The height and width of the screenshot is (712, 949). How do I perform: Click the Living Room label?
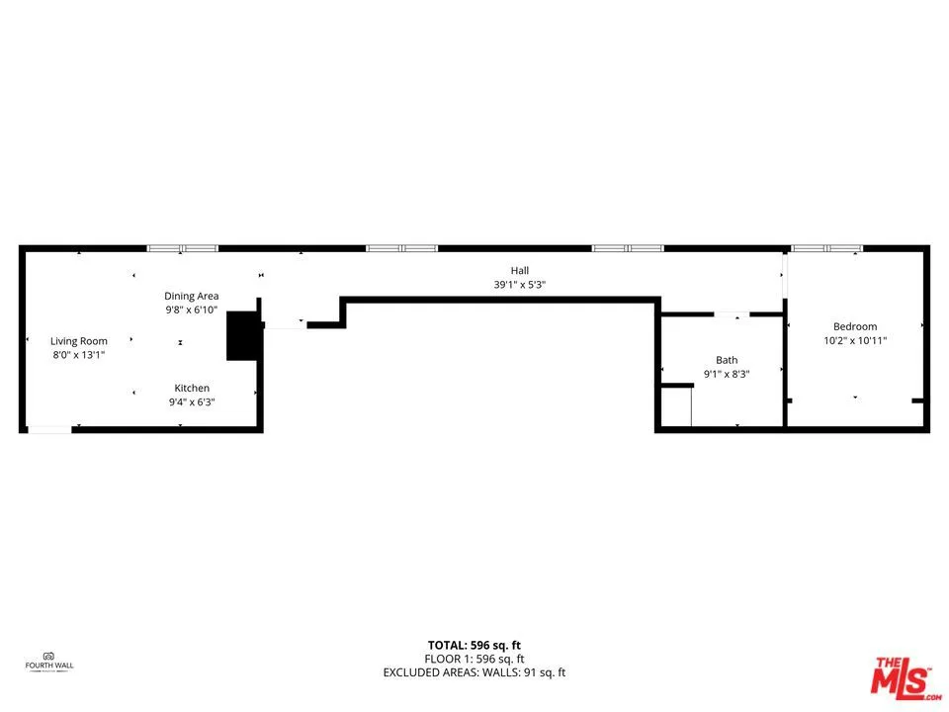coord(79,341)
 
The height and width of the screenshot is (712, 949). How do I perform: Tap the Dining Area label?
coord(191,296)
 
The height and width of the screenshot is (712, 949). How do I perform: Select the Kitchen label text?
coord(192,388)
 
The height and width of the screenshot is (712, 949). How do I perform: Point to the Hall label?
coord(520,270)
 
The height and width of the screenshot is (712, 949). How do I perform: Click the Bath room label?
coord(727,360)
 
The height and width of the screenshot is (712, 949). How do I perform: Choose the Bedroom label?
coord(855,326)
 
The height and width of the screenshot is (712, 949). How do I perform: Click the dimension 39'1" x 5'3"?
coord(520,285)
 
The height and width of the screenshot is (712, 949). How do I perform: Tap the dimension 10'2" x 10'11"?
coord(855,341)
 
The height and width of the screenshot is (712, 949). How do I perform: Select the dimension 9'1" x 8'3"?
coord(727,375)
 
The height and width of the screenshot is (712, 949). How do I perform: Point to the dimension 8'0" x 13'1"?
coord(79,355)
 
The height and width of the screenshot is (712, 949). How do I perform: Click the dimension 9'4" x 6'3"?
coord(192,402)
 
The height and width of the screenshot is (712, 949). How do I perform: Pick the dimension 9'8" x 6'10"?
coord(191,310)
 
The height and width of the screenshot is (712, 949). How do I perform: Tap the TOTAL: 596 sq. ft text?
coord(474,645)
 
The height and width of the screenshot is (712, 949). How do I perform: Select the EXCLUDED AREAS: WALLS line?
coord(474,673)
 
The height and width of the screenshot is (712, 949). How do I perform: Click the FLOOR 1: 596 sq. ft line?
coord(474,659)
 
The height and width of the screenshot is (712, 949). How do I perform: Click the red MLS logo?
coord(901,677)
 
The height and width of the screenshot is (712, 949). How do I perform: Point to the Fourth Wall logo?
coord(49,660)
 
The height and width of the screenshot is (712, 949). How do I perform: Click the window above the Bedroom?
coord(826,248)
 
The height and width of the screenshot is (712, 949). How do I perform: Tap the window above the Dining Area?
coord(182,248)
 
